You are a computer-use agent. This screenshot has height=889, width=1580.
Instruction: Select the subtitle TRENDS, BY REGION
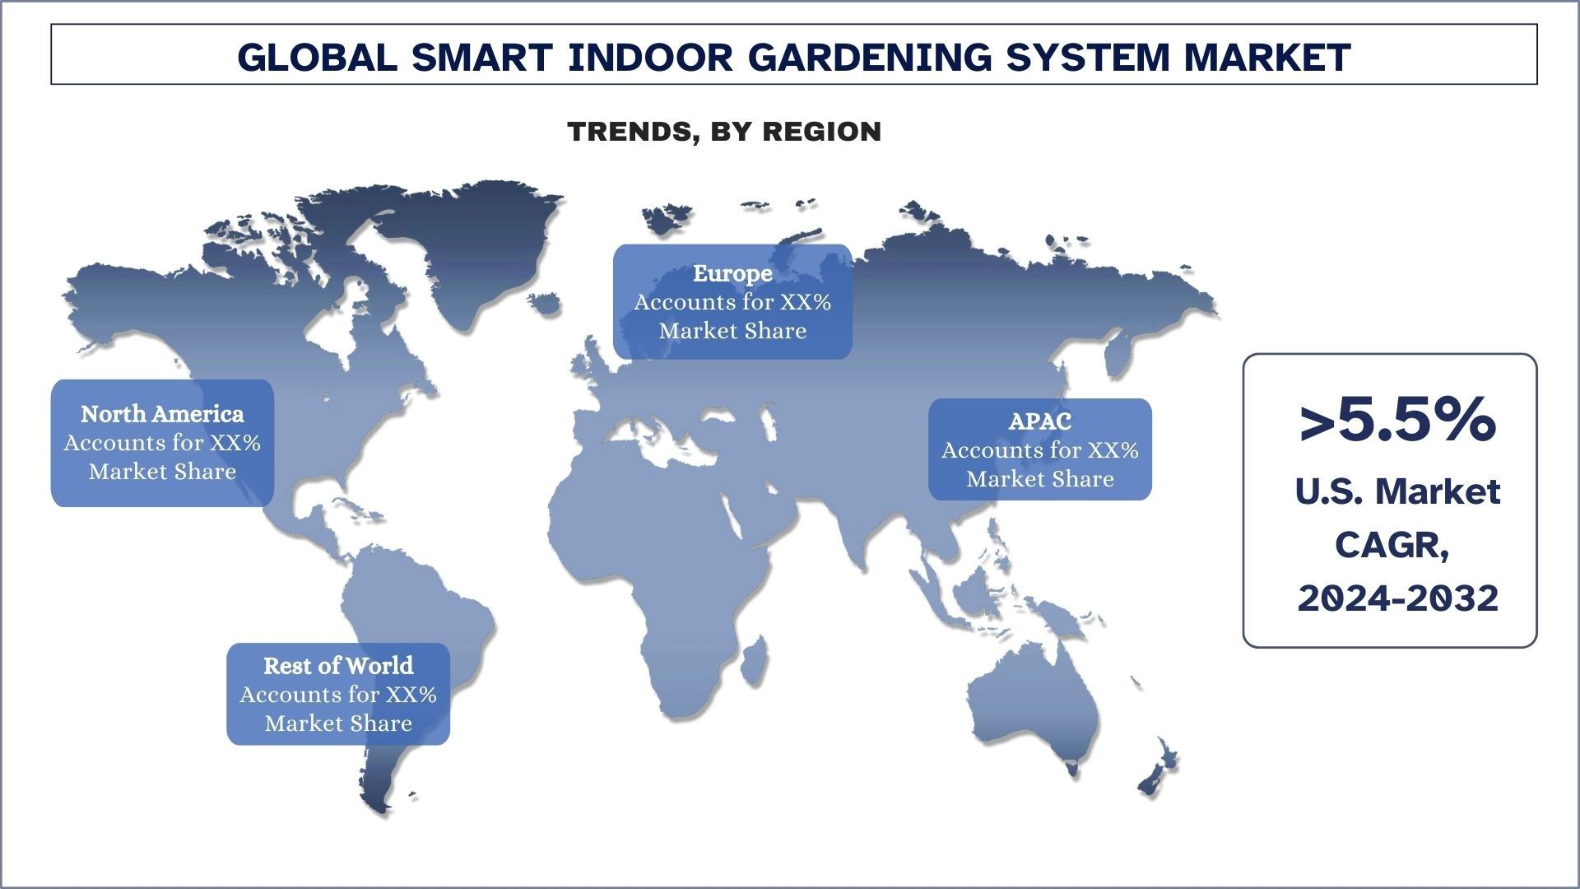pyautogui.click(x=724, y=132)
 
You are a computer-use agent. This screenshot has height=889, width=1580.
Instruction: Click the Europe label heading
pyautogui.click(x=732, y=273)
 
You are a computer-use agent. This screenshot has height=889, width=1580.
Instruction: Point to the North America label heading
pyautogui.click(x=162, y=414)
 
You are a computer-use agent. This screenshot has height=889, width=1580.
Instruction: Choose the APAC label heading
pyautogui.click(x=1040, y=421)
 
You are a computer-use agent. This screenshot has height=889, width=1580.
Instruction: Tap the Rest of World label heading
pyautogui.click(x=338, y=665)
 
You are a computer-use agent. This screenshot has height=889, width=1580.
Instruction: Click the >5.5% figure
pyautogui.click(x=1396, y=421)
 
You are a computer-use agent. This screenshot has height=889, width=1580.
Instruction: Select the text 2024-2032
pyautogui.click(x=1397, y=598)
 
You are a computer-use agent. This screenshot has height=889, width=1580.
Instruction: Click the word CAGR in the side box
pyautogui.click(x=1391, y=545)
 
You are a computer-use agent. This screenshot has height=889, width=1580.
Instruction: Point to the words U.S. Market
pyautogui.click(x=1397, y=491)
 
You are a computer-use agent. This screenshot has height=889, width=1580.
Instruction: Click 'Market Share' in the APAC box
pyautogui.click(x=1040, y=479)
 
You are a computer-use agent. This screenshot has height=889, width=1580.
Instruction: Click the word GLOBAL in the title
pyautogui.click(x=317, y=57)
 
